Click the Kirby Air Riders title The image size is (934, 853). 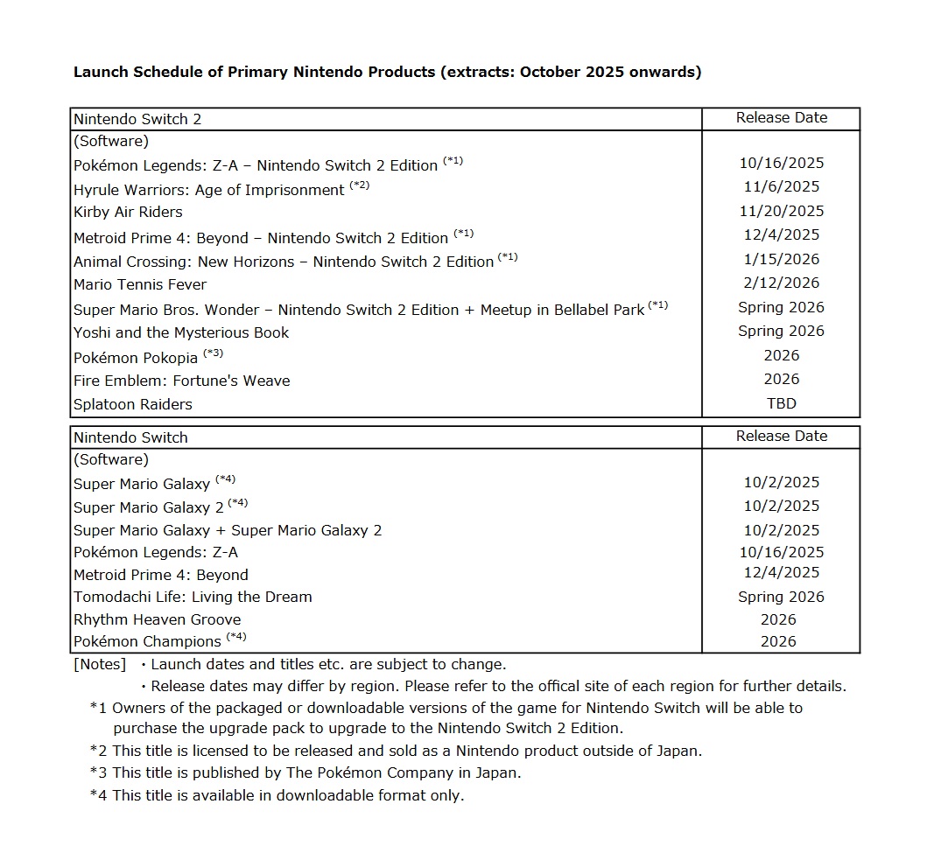pyautogui.click(x=128, y=212)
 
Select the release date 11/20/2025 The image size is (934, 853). pyautogui.click(x=781, y=211)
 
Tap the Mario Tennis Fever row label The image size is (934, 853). pyautogui.click(x=140, y=284)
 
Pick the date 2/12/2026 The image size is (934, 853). pyautogui.click(x=781, y=283)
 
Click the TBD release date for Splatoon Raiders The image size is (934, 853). pyautogui.click(x=781, y=403)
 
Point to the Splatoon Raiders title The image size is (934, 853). pyautogui.click(x=133, y=404)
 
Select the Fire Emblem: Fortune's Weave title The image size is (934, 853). pyautogui.click(x=181, y=381)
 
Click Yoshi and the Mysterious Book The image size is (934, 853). pyautogui.click(x=181, y=332)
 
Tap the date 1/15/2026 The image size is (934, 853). pyautogui.click(x=781, y=259)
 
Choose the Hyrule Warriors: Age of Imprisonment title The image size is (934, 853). pyautogui.click(x=209, y=190)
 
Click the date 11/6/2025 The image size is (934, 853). pyautogui.click(x=781, y=186)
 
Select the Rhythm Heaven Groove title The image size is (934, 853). pyautogui.click(x=157, y=619)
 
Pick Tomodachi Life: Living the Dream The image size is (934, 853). pyautogui.click(x=193, y=597)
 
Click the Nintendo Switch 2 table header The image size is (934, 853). pyautogui.click(x=137, y=119)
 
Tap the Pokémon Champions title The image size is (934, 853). pyautogui.click(x=148, y=641)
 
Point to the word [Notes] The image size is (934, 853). pyautogui.click(x=100, y=664)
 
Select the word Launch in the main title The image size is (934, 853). pyautogui.click(x=99, y=72)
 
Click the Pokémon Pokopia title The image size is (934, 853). pyautogui.click(x=136, y=357)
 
